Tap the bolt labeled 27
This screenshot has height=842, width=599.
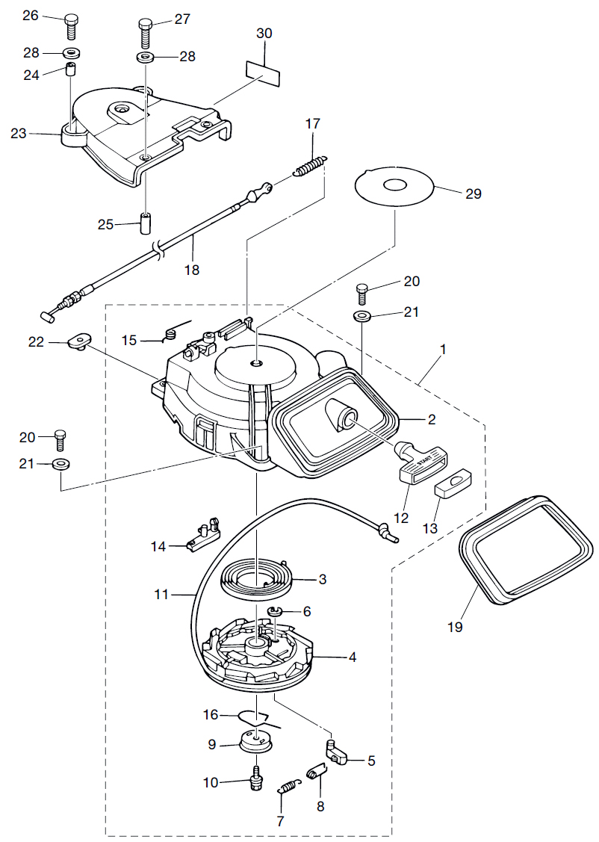(146, 32)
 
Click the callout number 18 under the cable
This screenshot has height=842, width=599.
(192, 270)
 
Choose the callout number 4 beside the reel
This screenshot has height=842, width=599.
(352, 657)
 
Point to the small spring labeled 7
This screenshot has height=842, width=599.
(289, 787)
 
